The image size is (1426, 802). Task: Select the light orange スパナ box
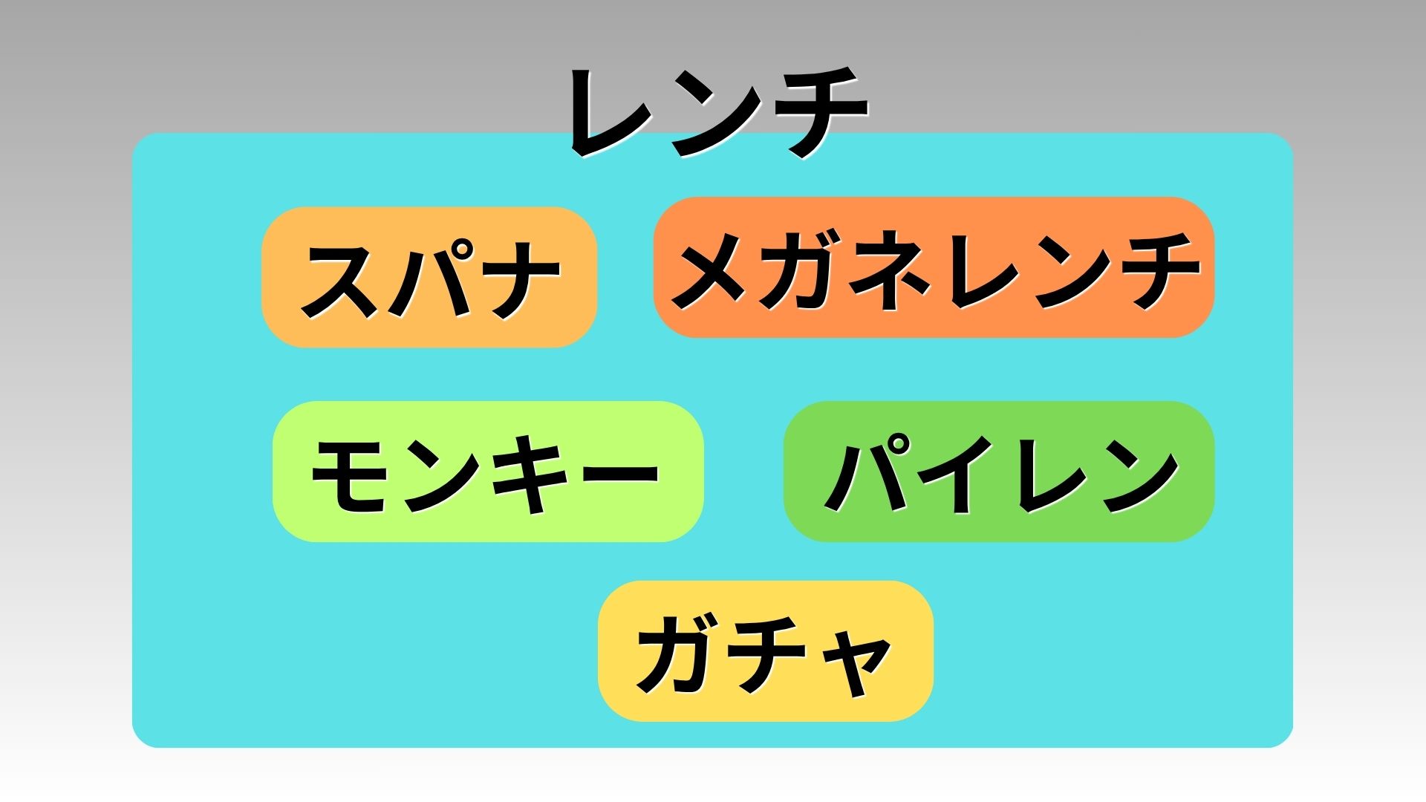click(429, 277)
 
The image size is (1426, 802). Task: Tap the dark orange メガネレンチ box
click(934, 267)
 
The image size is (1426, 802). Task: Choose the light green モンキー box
click(488, 472)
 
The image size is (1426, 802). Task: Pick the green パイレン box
click(999, 472)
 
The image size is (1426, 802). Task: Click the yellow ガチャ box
click(765, 651)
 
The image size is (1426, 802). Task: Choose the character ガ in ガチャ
click(677, 653)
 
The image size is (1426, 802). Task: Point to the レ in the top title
click(613, 113)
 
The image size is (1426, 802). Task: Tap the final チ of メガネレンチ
click(1156, 269)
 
